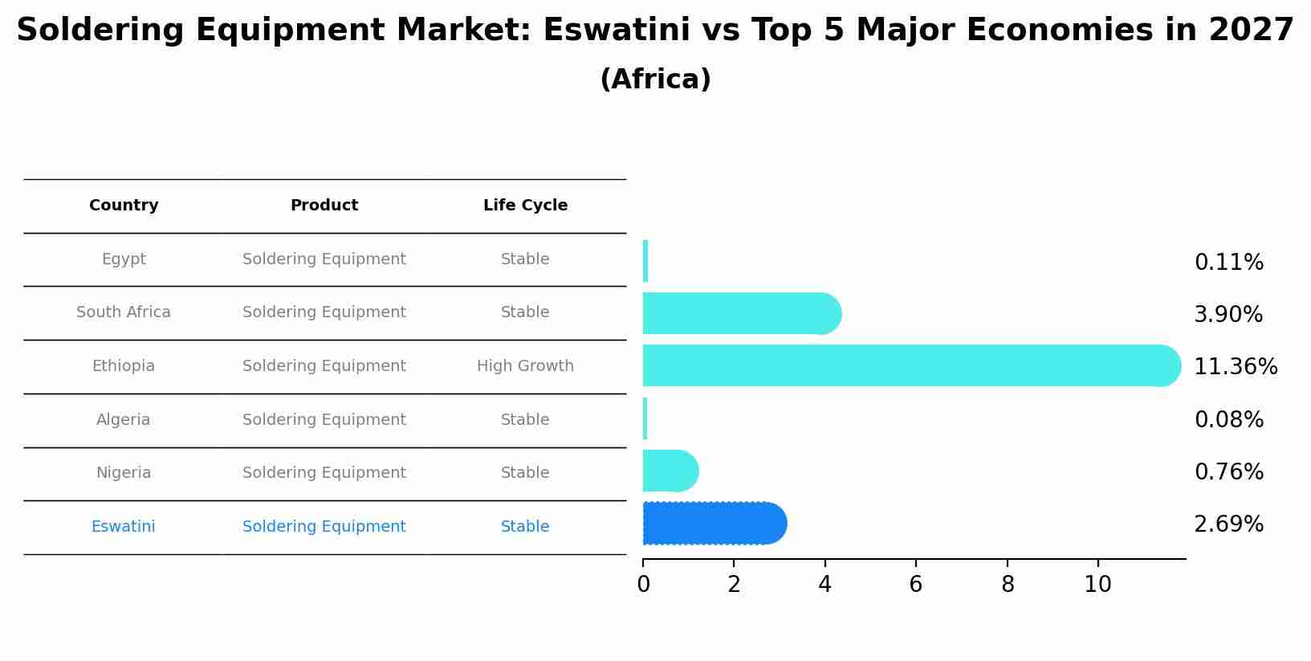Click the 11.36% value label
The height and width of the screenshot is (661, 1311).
click(1236, 367)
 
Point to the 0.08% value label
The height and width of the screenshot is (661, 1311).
click(1228, 420)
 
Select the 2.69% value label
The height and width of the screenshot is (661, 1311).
click(1228, 524)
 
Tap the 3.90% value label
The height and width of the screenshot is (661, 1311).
click(1228, 315)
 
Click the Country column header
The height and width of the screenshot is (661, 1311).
click(124, 206)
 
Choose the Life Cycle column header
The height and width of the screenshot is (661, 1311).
click(525, 206)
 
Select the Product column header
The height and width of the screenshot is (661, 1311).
click(324, 206)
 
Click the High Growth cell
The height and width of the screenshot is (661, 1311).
click(525, 366)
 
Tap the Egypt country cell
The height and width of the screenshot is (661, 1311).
click(124, 259)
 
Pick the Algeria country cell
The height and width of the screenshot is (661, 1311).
click(124, 420)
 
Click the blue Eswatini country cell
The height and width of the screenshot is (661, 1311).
click(124, 527)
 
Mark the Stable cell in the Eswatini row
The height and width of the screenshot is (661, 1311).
click(525, 527)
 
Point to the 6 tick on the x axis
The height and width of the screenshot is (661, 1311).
click(916, 585)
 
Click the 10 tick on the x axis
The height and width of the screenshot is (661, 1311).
click(1097, 585)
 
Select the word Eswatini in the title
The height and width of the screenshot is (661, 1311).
click(617, 31)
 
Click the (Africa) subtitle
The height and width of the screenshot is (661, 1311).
click(655, 80)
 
